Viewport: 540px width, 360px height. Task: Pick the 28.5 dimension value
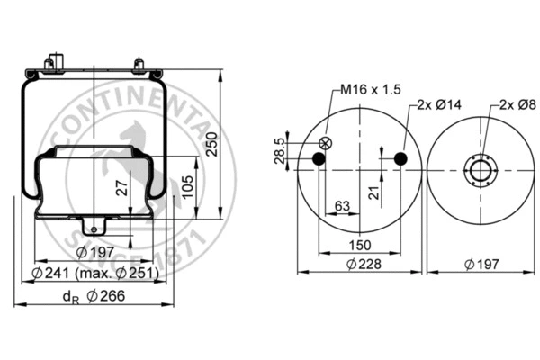(x=279, y=148)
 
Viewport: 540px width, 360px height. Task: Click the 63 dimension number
(x=342, y=206)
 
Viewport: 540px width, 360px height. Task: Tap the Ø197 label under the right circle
(x=482, y=264)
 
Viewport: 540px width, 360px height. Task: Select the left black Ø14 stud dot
(x=318, y=159)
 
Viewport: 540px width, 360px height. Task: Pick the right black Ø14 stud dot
(x=400, y=159)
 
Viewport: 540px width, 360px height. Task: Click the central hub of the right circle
(x=481, y=170)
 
